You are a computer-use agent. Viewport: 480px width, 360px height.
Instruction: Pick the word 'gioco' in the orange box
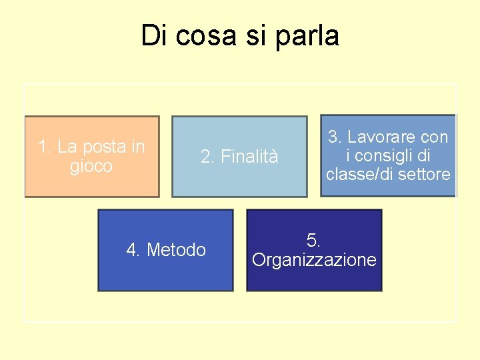pos(91,166)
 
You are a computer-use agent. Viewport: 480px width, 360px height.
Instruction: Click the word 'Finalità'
pos(249,157)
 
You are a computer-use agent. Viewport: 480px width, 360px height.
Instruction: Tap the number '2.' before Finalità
pos(208,157)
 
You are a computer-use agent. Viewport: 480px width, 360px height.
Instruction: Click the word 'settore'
pos(425,175)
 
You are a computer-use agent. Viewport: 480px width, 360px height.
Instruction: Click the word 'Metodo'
pos(176,250)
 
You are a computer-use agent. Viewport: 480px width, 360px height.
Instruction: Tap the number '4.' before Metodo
pos(133,250)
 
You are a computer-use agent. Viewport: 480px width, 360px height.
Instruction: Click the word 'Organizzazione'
pos(314,260)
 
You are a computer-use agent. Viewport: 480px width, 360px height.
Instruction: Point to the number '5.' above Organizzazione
pos(313,240)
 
